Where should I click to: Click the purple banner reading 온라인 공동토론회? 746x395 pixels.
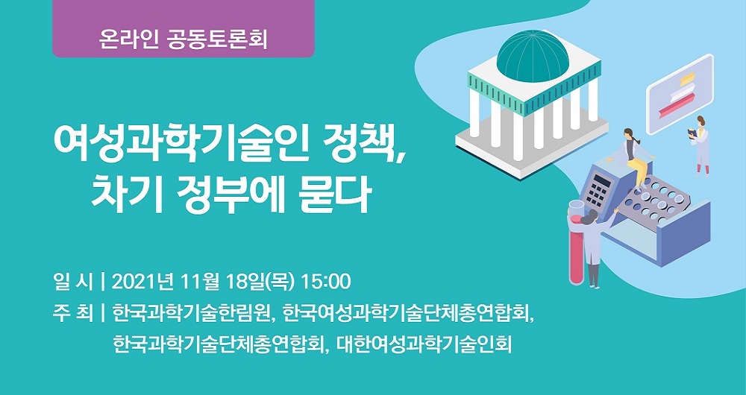pos(184,28)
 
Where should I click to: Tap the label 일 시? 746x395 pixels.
pos(73,282)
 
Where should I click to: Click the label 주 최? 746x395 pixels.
pos(73,314)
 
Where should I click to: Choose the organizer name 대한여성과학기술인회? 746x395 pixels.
pos(424,345)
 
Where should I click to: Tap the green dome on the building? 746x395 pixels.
pos(533,57)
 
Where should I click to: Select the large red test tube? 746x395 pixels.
pos(577,242)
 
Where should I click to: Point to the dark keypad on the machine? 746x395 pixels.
pos(597,189)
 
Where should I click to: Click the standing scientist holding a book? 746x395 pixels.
pos(700,145)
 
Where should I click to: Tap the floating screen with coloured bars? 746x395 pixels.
pos(680,94)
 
